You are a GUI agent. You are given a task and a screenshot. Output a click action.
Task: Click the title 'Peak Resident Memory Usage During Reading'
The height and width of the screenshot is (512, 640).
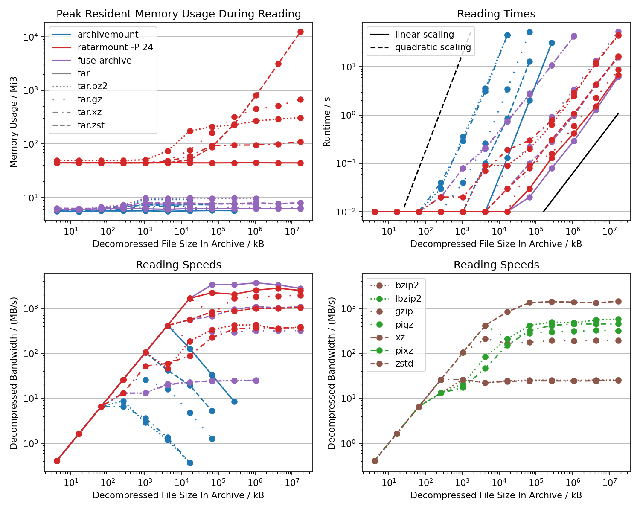[178, 14]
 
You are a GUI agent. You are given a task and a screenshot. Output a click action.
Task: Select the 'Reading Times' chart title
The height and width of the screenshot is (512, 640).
[496, 14]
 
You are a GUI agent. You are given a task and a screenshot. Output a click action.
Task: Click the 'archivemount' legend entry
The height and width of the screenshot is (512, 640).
[108, 35]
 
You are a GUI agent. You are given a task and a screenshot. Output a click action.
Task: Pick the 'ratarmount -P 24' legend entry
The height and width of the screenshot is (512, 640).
[115, 47]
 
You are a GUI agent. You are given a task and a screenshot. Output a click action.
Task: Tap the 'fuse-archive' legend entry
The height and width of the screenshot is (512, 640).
[105, 61]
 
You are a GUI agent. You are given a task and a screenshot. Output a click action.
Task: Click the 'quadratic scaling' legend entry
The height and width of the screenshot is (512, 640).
[433, 47]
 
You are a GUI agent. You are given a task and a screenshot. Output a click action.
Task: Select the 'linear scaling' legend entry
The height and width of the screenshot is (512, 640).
[424, 35]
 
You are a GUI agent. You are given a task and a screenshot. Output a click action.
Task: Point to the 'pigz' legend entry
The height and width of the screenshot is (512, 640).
[404, 325]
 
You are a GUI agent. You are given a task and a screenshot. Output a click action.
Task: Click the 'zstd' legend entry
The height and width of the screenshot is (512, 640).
[404, 364]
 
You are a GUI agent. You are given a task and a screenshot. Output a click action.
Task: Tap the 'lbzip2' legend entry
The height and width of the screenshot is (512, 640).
[408, 299]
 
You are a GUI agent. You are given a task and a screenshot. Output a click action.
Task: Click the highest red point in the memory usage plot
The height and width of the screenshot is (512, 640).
[300, 32]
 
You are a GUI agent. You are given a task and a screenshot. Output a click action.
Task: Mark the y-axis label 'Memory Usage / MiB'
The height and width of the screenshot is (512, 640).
[14, 122]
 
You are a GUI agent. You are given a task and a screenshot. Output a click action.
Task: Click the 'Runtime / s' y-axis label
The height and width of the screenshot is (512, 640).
[327, 122]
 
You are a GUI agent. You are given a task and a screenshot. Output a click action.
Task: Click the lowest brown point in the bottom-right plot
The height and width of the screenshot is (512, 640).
[375, 461]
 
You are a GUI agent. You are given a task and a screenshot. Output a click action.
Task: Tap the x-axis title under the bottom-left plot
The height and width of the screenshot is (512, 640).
[178, 495]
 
